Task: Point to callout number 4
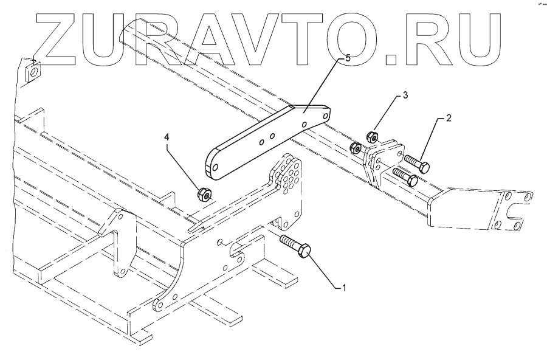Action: click(167, 139)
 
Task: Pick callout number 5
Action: click(348, 58)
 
